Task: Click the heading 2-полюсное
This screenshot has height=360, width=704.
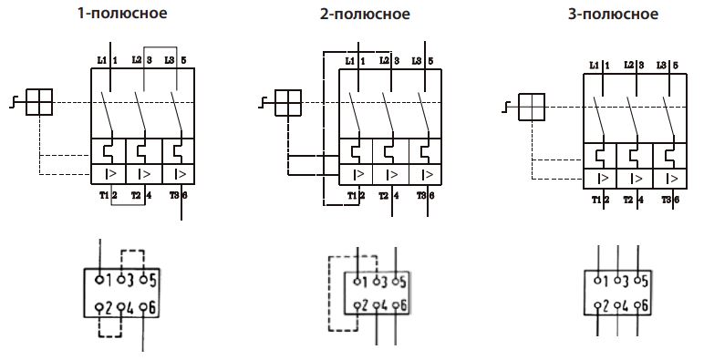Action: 377,15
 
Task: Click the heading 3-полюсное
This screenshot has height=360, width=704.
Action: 620,15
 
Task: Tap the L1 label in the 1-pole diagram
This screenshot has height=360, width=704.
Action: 100,60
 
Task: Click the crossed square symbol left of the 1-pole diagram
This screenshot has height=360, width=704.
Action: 39,102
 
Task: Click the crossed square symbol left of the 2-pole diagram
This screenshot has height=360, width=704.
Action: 287,103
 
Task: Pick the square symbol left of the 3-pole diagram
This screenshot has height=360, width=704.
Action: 531,107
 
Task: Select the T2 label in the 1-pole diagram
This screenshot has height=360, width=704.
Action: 135,195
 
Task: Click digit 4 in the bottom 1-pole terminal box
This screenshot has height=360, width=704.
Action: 130,308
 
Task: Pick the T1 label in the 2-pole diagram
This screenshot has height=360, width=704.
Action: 349,195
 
